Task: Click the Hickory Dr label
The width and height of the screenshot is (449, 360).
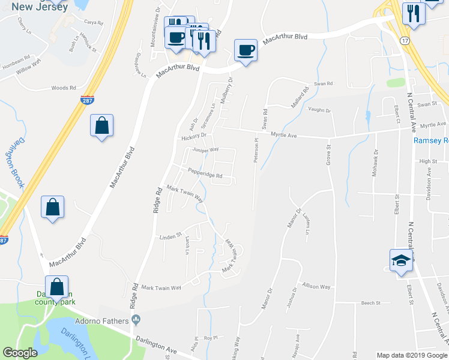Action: pyautogui.click(x=193, y=136)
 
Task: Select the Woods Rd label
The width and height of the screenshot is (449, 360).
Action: pyautogui.click(x=64, y=88)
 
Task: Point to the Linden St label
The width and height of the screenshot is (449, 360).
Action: pyautogui.click(x=170, y=237)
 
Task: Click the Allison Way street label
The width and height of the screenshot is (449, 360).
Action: pyautogui.click(x=316, y=287)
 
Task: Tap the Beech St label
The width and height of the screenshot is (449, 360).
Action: pyautogui.click(x=371, y=303)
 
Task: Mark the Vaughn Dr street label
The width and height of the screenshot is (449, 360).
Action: pyautogui.click(x=319, y=110)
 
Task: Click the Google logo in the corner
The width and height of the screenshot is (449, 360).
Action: pyautogui.click(x=20, y=353)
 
